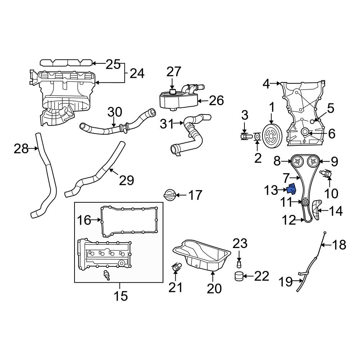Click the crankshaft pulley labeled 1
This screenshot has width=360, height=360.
[271, 136]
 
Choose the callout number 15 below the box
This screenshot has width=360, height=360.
[121, 296]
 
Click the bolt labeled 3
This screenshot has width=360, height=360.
[245, 137]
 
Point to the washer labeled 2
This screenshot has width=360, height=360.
[257, 137]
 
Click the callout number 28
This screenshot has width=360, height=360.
[21, 148]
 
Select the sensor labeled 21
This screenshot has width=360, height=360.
[176, 268]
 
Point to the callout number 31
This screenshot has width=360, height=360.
[167, 124]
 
